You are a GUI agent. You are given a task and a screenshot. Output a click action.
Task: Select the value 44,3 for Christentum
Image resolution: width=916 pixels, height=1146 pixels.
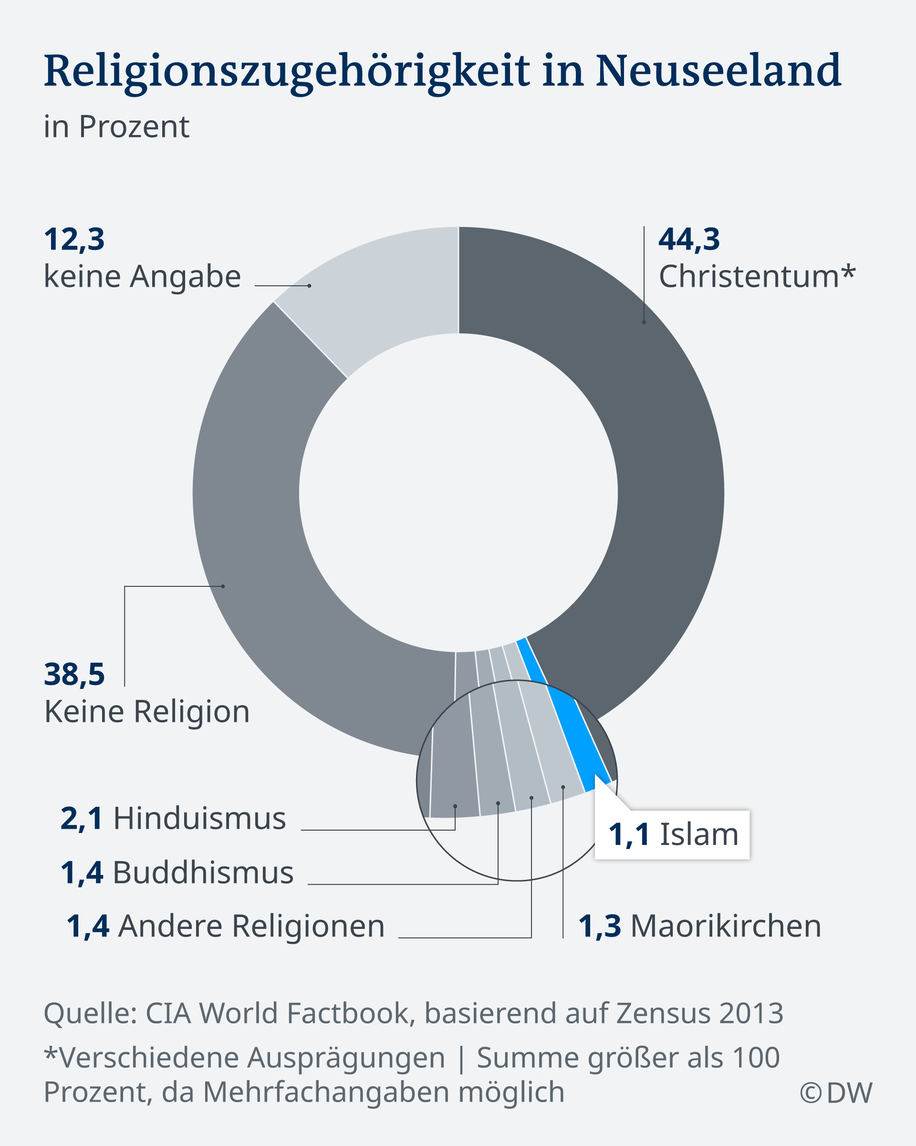coord(689,239)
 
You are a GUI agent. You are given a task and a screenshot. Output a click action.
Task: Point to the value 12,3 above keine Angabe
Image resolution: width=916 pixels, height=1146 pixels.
coord(74,239)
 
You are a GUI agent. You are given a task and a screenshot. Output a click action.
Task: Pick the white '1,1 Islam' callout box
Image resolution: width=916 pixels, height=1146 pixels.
coord(672,834)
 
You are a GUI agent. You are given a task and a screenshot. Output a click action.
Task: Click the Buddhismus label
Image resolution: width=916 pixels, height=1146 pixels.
coord(203,872)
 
